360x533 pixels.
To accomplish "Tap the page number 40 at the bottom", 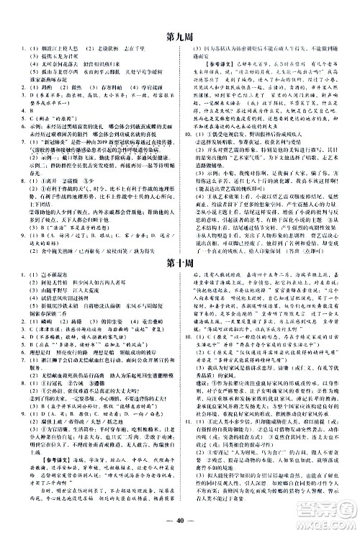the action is (179, 519).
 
